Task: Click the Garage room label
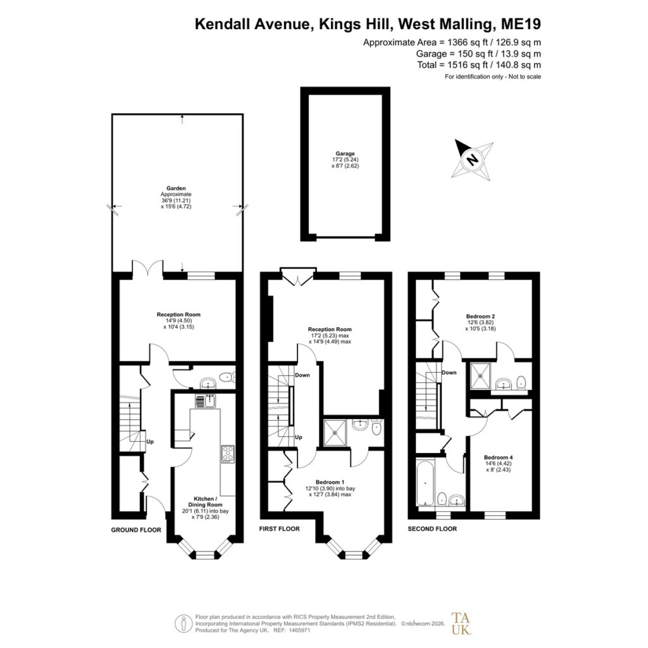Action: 345,154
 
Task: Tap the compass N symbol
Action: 472,159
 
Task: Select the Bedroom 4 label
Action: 499,458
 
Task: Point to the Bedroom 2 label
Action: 481,316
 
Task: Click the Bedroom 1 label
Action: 330,482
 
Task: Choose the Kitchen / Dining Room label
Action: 206,502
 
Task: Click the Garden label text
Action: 176,189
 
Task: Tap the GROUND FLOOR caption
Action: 136,530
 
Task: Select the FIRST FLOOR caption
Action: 279,528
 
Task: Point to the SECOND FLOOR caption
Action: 432,528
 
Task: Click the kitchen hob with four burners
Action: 228,453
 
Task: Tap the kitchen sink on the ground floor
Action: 206,401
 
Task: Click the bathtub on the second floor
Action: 425,483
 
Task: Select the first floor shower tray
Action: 335,433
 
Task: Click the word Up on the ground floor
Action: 150,442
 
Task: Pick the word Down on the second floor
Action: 449,372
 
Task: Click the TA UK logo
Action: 461,623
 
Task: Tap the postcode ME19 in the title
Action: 521,24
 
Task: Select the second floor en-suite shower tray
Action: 480,376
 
